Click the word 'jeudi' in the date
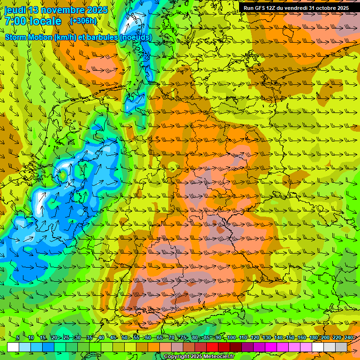[15, 10]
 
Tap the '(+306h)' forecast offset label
[83, 21]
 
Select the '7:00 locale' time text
[33, 21]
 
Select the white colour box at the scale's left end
[13, 347]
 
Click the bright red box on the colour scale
[212, 347]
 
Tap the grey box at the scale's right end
[341, 347]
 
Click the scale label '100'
[231, 337]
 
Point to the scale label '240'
[348, 337]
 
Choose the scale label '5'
[18, 337]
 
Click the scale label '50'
[124, 337]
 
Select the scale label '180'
[313, 337]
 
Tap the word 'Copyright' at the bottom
[177, 357]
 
